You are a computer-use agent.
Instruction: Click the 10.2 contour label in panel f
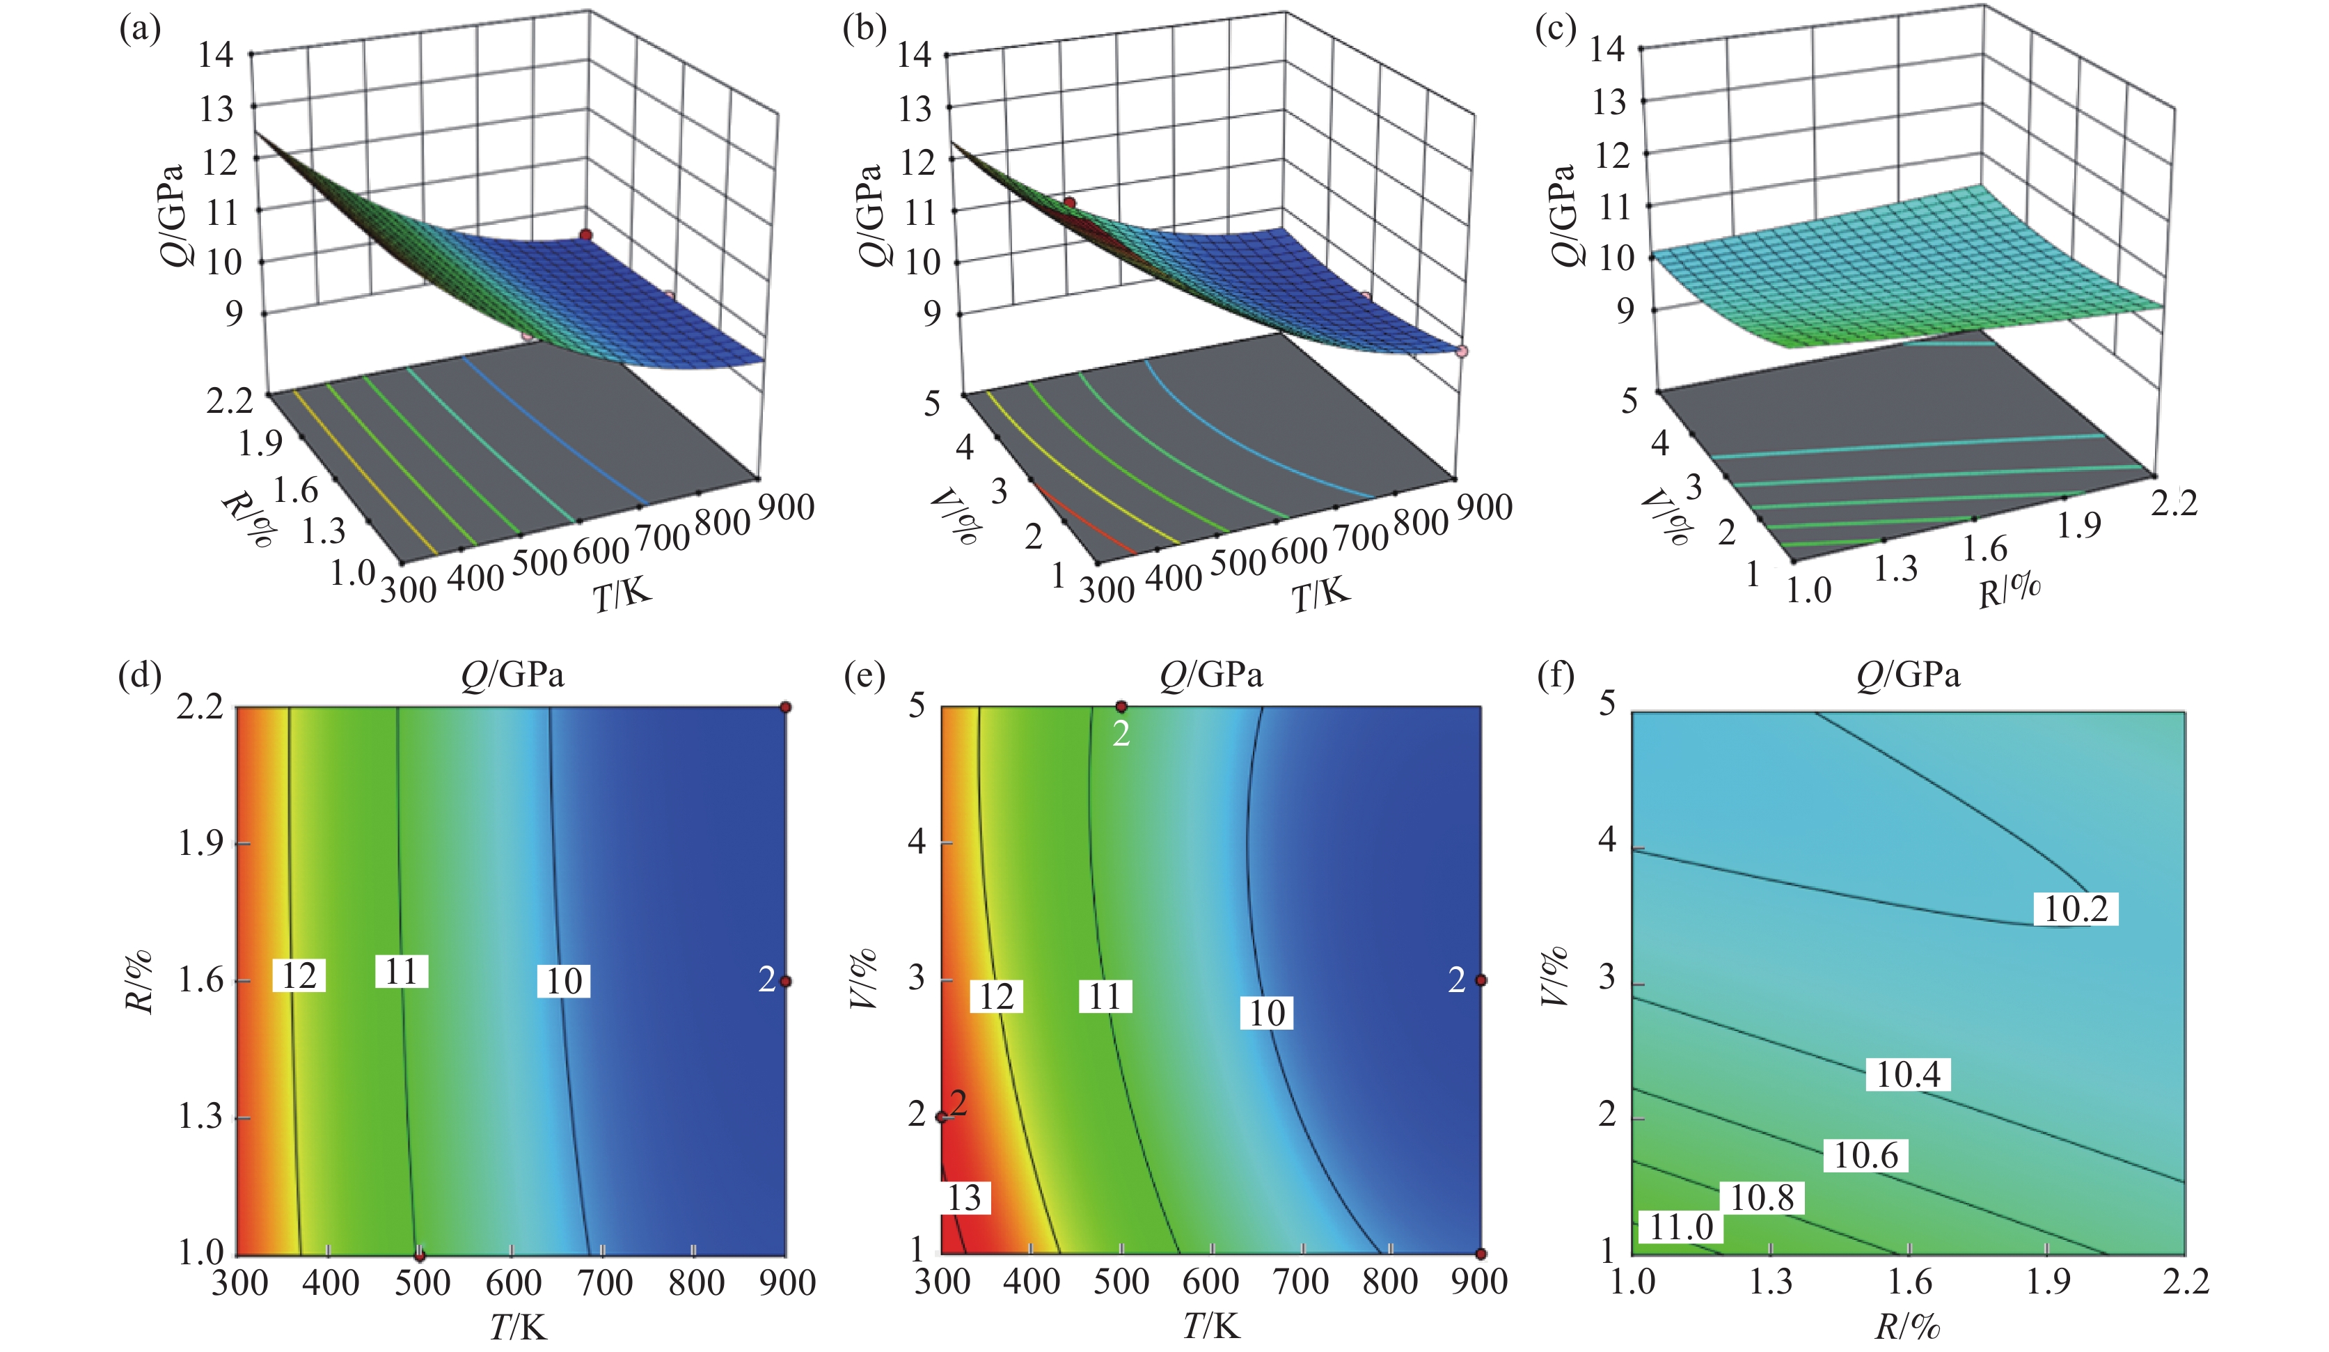pos(2075,909)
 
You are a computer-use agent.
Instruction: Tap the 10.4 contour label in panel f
pos(1908,1074)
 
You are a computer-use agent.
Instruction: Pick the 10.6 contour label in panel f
pos(1866,1155)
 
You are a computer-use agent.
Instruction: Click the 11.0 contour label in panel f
pos(1681,1227)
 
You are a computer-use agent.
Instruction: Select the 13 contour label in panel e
pos(964,1197)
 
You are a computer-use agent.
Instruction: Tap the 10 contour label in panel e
pos(1266,1014)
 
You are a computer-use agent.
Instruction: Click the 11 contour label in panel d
pos(401,972)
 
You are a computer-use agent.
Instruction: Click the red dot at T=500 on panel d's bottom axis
pos(420,1256)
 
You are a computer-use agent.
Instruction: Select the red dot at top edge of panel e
pos(1121,707)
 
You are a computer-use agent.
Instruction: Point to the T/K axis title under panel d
pos(518,1328)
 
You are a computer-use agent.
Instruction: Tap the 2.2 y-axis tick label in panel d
pos(200,707)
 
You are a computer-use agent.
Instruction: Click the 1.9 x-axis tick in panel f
pos(2047,1282)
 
